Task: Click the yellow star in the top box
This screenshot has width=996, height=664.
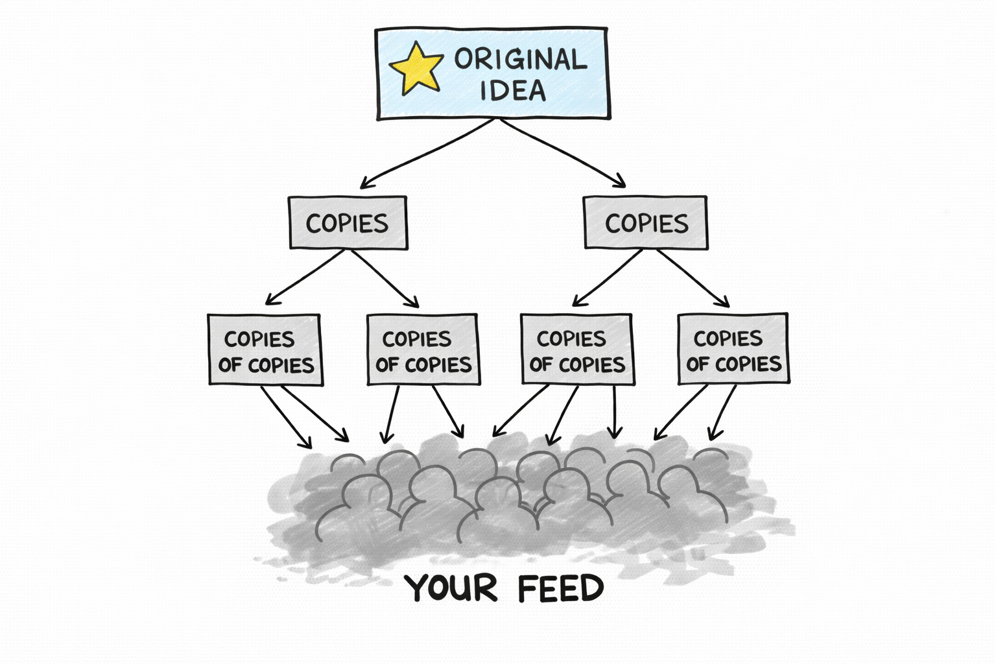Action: click(416, 68)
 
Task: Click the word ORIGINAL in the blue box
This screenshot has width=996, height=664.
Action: click(520, 60)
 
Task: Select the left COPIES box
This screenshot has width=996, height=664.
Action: click(348, 223)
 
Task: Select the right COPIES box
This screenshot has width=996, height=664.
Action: click(646, 223)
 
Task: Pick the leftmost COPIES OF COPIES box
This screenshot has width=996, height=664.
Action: click(265, 350)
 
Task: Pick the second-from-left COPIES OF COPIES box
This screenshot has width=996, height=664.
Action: click(423, 350)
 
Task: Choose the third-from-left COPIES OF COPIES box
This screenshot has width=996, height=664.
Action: click(576, 350)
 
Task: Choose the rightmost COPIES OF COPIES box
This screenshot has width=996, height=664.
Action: click(733, 350)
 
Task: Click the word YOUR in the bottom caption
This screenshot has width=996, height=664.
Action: click(451, 589)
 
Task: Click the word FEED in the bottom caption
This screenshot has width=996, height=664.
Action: click(562, 589)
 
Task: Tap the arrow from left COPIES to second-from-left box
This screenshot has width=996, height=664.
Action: click(385, 278)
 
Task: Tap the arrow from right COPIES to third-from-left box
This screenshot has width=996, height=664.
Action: click(607, 277)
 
